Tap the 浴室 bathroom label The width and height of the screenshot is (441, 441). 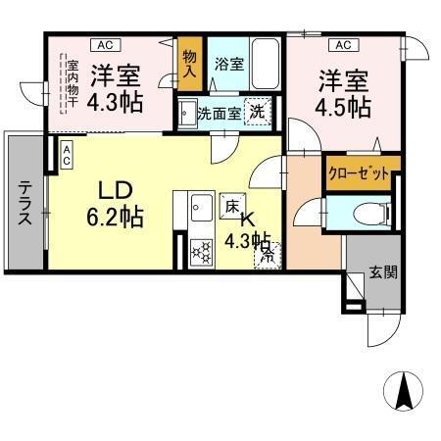pos(230,65)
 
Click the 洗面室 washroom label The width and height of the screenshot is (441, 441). pos(217,113)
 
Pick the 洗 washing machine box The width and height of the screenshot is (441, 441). pos(257,113)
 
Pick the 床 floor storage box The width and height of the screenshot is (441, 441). pos(232,208)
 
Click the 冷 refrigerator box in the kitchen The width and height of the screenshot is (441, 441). pos(266,258)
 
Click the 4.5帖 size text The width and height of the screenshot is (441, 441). pos(343,105)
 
